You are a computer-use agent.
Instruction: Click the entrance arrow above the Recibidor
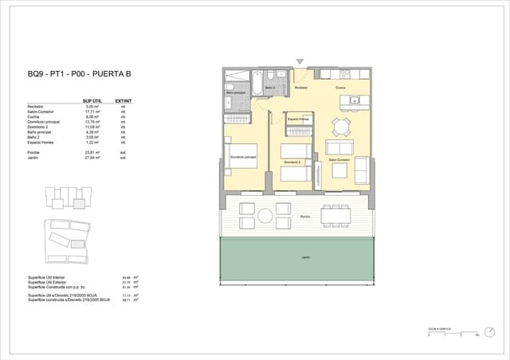point(300,61)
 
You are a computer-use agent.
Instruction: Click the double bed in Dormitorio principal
point(241,157)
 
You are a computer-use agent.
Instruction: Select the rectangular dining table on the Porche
point(334,214)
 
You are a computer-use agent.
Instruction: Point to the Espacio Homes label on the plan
point(299,119)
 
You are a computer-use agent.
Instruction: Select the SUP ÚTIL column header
point(92,101)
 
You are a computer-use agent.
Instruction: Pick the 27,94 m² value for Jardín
point(92,158)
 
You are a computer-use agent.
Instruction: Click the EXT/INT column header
point(123,101)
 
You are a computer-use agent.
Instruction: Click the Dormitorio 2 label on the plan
point(292,162)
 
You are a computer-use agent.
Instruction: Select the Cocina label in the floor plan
point(340,88)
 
